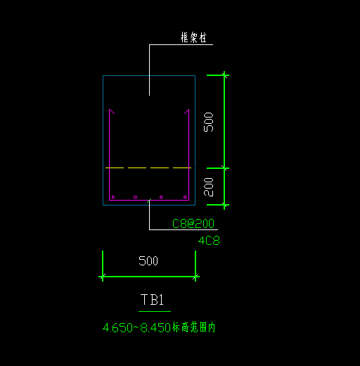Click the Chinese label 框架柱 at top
(193, 37)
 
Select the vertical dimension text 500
(209, 122)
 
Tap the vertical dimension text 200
(209, 187)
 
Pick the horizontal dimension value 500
(148, 260)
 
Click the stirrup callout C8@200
(193, 223)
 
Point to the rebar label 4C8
(209, 241)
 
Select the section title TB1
(152, 300)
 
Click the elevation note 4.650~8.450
(136, 328)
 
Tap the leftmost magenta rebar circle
(113, 197)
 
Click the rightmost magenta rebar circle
(185, 197)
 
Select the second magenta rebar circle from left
(135, 197)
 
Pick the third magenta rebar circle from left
(161, 197)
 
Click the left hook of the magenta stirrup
(112, 111)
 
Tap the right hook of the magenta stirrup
(186, 111)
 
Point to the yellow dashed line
(148, 168)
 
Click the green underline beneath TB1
(155, 311)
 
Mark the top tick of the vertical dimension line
(224, 75)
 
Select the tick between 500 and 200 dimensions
(224, 168)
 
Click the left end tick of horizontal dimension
(103, 277)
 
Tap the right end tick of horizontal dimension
(195, 277)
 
